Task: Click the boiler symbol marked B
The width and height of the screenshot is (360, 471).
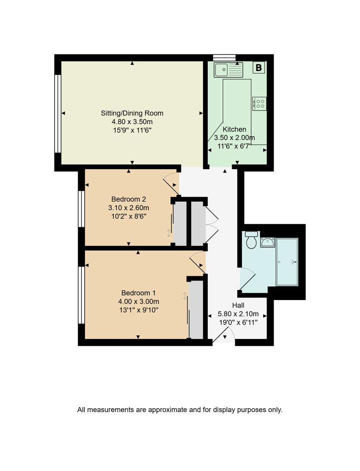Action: pos(259,68)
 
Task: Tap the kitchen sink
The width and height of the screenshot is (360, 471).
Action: pos(228,69)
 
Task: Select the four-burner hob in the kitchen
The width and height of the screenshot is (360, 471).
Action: pos(259,103)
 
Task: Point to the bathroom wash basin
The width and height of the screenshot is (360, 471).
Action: pos(267,242)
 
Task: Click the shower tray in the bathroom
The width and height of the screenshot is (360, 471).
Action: pos(287,262)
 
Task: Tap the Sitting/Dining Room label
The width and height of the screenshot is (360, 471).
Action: pos(132,113)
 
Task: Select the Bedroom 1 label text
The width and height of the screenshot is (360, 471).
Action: pos(138,293)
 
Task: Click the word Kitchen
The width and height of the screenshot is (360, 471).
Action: pos(234,129)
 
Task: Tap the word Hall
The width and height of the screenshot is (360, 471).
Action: pos(238,305)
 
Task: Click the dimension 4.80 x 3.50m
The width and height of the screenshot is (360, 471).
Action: pos(132,122)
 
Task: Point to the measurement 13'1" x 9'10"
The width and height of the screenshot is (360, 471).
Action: pos(138,310)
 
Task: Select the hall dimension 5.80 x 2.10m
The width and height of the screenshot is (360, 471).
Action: pos(238,314)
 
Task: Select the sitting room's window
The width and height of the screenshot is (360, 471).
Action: pos(58,113)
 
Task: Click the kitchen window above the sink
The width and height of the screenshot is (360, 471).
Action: pos(224,58)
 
